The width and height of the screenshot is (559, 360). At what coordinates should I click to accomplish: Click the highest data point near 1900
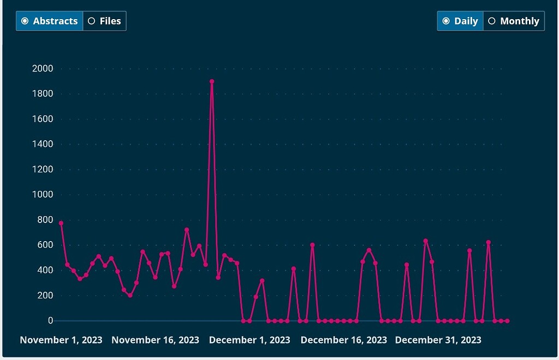pyautogui.click(x=212, y=82)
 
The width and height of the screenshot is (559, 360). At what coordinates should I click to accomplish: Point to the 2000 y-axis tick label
pyautogui.click(x=43, y=69)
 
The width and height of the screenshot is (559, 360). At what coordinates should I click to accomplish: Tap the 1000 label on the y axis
pyautogui.click(x=43, y=195)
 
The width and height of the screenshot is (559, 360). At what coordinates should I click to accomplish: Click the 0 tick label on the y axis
pyautogui.click(x=50, y=321)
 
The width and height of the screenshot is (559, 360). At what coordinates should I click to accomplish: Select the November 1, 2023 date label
pyautogui.click(x=61, y=340)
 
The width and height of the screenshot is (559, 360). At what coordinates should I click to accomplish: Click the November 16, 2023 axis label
pyautogui.click(x=155, y=340)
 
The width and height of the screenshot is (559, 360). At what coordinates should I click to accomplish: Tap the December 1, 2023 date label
pyautogui.click(x=249, y=340)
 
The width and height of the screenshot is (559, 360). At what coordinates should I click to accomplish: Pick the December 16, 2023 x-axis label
pyautogui.click(x=343, y=340)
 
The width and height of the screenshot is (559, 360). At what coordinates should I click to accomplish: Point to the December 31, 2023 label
pyautogui.click(x=438, y=340)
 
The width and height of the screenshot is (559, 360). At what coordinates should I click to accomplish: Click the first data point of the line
pyautogui.click(x=61, y=223)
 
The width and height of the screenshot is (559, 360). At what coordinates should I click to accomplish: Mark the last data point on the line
pyautogui.click(x=507, y=321)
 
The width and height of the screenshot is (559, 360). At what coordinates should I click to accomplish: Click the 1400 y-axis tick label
pyautogui.click(x=43, y=145)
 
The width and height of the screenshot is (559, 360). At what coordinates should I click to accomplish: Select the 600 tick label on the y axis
pyautogui.click(x=45, y=245)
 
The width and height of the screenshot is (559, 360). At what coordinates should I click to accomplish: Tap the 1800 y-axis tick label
pyautogui.click(x=43, y=94)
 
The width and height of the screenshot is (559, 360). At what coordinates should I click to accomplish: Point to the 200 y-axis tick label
pyautogui.click(x=45, y=296)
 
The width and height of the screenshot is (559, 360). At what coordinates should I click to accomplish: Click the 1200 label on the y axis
pyautogui.click(x=43, y=170)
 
